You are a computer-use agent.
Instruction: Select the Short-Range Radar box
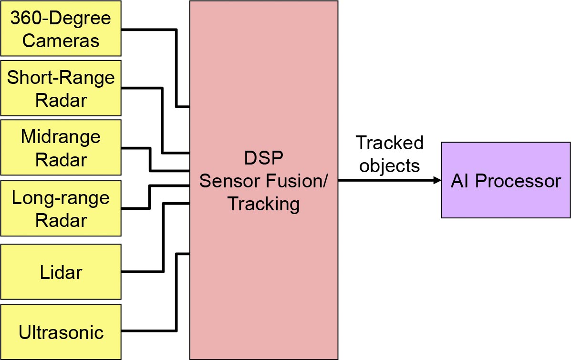coord(61,88)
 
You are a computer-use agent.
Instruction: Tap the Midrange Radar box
coord(61,148)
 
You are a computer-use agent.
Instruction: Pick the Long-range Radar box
coord(61,208)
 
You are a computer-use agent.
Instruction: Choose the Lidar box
coord(61,272)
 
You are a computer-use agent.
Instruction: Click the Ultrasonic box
coord(61,331)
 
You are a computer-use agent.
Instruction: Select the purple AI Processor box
coord(506,180)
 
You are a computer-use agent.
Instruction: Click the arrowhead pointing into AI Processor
coord(437,180)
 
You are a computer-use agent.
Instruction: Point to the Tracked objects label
coord(390,154)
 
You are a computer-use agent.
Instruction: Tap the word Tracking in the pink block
coord(263,204)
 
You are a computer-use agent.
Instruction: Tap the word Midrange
coord(61,137)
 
